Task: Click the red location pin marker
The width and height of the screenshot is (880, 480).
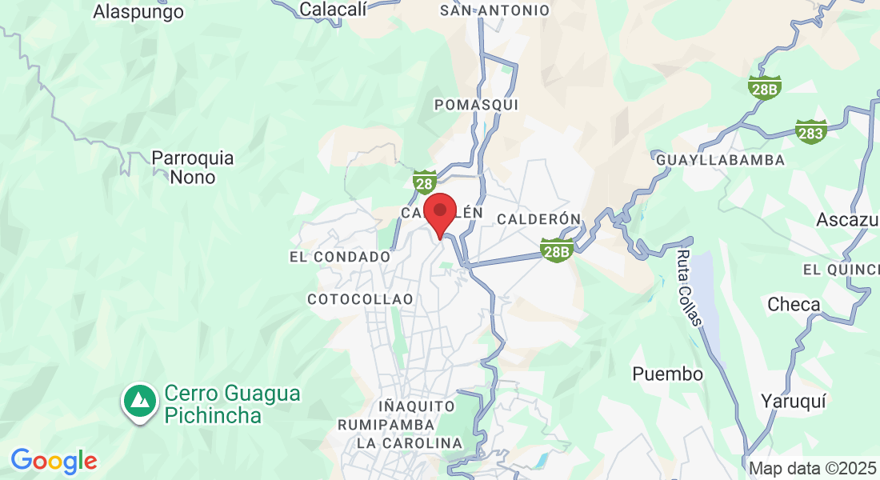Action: (439, 214)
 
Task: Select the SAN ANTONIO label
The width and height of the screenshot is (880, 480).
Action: (495, 10)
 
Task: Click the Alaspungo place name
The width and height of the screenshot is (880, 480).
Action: (138, 11)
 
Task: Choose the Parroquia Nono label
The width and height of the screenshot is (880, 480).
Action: (193, 167)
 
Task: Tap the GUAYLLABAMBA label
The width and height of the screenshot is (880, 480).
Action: (720, 160)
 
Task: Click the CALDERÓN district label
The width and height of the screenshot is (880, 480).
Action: (538, 218)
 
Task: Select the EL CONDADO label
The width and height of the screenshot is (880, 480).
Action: (340, 257)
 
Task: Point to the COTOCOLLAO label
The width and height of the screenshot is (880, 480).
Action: (360, 298)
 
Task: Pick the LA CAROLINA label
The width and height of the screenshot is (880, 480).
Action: (410, 443)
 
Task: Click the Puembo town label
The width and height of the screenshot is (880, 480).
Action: (667, 374)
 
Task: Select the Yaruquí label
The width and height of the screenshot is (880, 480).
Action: (792, 401)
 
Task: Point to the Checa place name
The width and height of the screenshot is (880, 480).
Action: (794, 305)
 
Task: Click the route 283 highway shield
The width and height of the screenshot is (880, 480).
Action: (811, 132)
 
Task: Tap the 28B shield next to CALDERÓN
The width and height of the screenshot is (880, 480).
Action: (557, 251)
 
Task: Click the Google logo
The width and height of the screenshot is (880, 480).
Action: (54, 461)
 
